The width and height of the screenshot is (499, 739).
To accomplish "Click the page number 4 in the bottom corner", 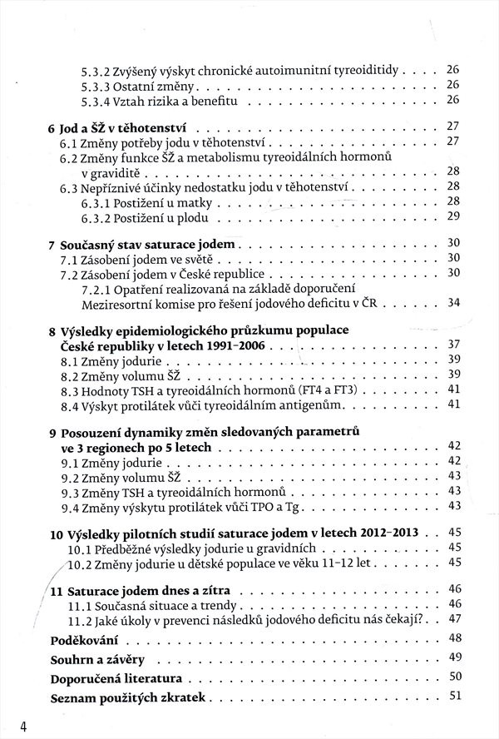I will pyautogui.click(x=25, y=726).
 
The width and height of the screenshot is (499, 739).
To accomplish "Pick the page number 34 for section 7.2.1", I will pyautogui.click(x=453, y=302).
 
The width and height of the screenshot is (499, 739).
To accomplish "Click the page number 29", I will pyautogui.click(x=453, y=216).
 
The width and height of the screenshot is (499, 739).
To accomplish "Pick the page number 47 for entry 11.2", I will pyautogui.click(x=453, y=619).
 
